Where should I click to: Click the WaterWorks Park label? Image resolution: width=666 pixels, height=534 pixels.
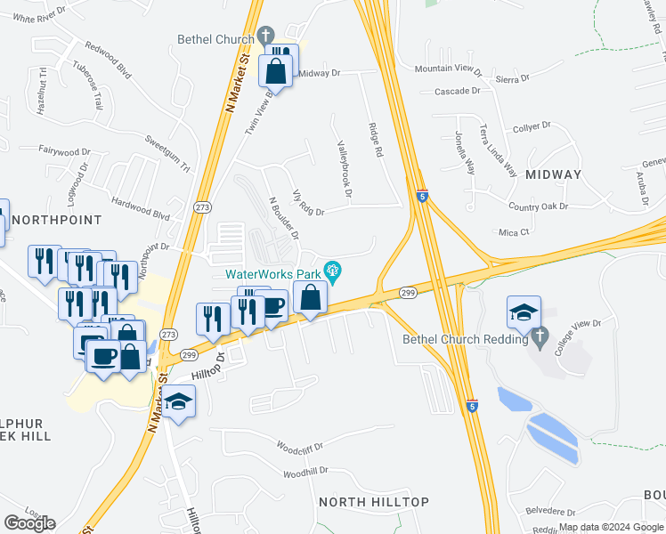tap(273, 272)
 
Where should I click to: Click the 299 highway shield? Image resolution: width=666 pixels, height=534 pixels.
tap(409, 293)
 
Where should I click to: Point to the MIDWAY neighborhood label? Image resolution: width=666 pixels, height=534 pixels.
tap(553, 174)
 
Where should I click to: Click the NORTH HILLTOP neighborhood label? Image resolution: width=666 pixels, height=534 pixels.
tap(374, 502)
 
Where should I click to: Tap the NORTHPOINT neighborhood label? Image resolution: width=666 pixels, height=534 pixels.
tap(56, 219)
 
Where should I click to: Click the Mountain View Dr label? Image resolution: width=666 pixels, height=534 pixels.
tap(448, 69)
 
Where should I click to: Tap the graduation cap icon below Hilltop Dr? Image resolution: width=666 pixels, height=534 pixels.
tap(178, 402)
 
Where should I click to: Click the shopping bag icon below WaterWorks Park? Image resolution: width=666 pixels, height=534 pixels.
tap(310, 298)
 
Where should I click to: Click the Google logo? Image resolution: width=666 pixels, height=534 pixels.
tap(29, 522)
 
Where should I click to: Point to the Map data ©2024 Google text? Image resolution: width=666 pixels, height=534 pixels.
tap(611, 527)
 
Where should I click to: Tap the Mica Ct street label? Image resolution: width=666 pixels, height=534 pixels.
tap(514, 231)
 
